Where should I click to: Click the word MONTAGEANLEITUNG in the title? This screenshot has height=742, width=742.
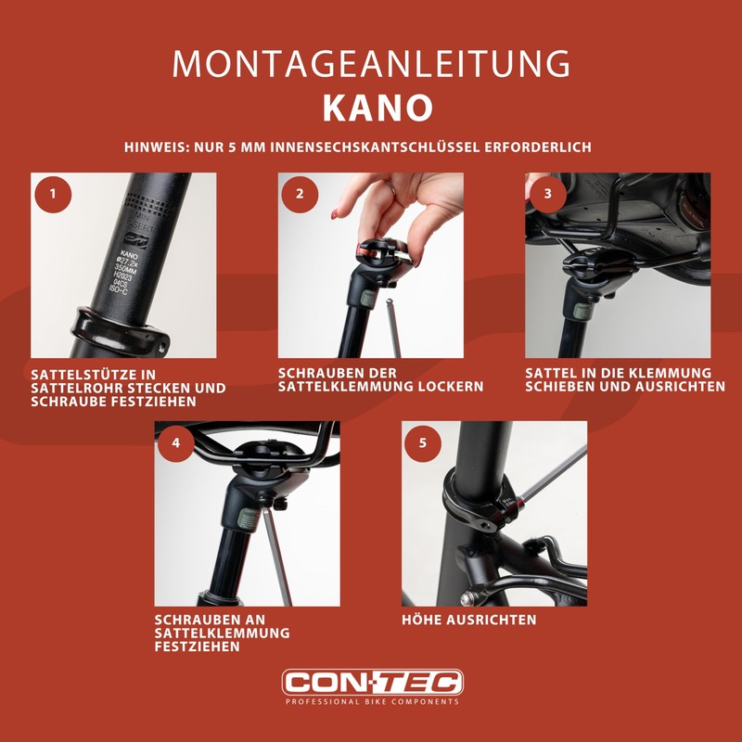[x=371, y=64]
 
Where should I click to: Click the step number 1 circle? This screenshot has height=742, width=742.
[x=54, y=194]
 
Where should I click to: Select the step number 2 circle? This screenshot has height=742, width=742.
[x=300, y=194]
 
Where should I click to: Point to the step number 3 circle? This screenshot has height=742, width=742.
[x=547, y=194]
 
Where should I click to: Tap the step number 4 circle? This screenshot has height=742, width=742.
[x=176, y=442]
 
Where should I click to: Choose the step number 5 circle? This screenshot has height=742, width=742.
[x=423, y=442]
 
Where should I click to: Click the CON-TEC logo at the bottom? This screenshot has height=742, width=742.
[x=371, y=684]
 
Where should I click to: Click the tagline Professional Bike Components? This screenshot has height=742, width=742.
[x=371, y=702]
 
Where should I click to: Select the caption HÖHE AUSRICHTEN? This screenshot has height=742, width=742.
[x=468, y=620]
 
